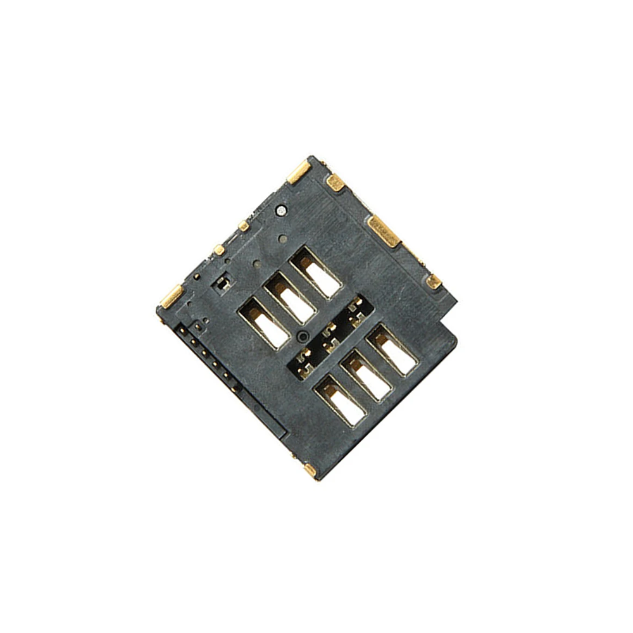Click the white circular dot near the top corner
click(281, 209)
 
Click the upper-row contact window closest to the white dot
click(316, 272)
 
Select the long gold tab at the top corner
click(298, 172)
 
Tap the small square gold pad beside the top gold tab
click(335, 184)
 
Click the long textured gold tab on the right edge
click(384, 231)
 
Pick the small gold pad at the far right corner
click(433, 282)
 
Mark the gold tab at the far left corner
click(171, 296)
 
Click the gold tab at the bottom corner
click(310, 470)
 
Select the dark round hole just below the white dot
click(283, 238)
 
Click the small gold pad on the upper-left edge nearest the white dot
click(244, 226)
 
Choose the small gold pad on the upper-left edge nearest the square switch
click(218, 250)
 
